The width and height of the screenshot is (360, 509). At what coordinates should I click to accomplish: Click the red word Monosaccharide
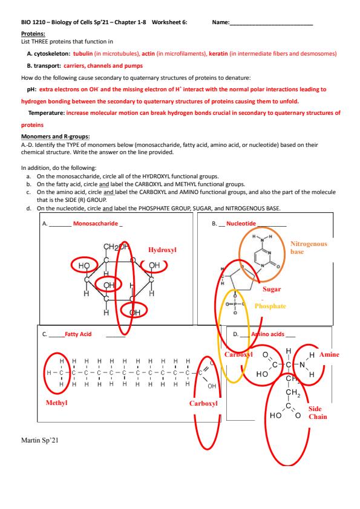coord(96,224)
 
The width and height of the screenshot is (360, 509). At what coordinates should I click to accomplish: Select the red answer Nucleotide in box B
coord(241,224)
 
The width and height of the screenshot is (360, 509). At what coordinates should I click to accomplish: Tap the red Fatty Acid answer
coord(78,334)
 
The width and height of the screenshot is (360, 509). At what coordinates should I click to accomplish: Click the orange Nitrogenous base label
coord(309,248)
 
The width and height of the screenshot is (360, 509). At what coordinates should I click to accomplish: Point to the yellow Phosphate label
coord(270,306)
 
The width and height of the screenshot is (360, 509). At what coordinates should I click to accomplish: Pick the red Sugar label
coord(272,289)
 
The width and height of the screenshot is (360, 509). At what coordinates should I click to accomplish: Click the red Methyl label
coord(56,403)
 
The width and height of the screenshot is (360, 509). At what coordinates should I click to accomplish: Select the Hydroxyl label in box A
coord(162,250)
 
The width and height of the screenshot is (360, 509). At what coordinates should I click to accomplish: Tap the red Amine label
coord(329,354)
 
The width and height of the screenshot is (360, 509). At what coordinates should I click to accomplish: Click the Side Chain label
coord(318,413)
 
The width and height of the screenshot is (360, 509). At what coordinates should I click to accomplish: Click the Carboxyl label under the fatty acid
coord(203,403)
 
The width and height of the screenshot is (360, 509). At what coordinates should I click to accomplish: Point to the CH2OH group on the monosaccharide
coord(116,247)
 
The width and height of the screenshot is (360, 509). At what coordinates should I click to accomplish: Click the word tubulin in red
coord(83,54)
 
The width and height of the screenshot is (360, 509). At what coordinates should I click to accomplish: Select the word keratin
coord(218,54)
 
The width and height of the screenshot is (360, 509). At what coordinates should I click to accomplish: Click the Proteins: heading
coord(33,34)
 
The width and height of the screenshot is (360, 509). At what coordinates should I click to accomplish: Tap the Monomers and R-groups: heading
coord(56,137)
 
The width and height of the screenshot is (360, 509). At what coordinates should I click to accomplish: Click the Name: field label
coord(221,22)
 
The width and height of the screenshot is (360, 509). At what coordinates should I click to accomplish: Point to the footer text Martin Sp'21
coord(40,441)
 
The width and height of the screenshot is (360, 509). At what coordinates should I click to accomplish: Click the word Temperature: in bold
coord(47,113)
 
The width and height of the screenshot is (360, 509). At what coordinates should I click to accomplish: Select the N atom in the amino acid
coord(303,365)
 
